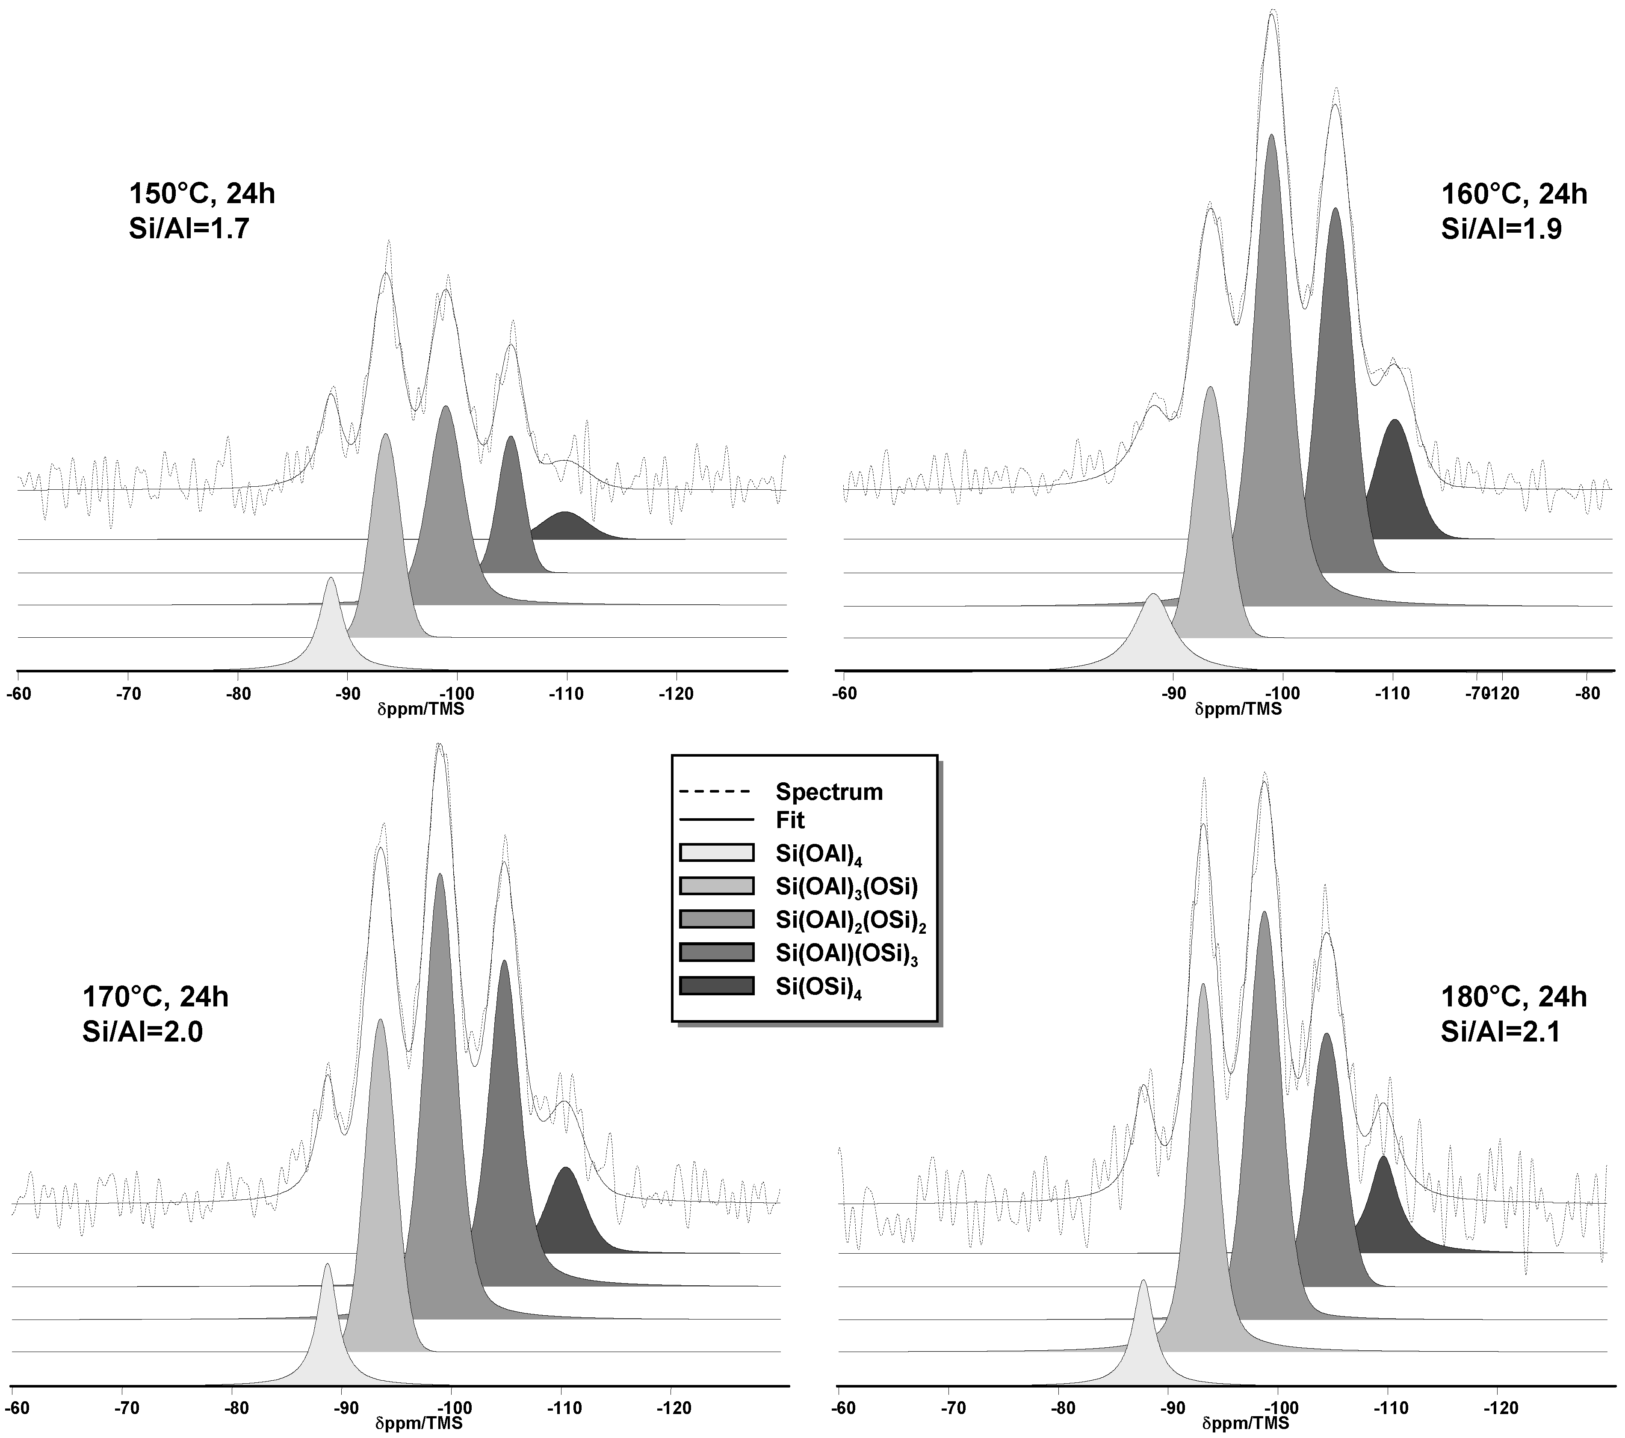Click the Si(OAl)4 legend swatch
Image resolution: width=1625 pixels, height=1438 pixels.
tap(716, 852)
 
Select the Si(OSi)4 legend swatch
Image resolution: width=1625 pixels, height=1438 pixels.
tap(716, 985)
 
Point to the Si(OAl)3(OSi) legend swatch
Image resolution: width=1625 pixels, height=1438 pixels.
tap(716, 886)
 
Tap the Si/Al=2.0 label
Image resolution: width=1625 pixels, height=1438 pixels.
tap(143, 1032)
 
